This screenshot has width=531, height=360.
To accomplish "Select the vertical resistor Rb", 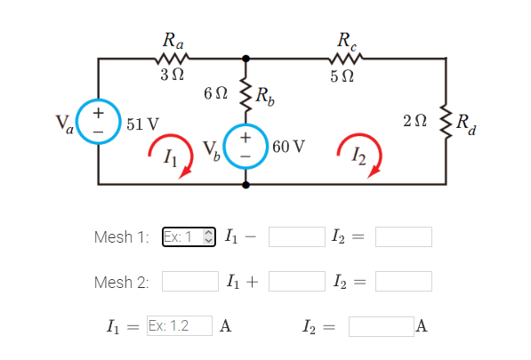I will [245, 95].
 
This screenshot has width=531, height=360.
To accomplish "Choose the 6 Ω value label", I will [216, 92].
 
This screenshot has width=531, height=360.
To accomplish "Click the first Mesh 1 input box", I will [189, 236].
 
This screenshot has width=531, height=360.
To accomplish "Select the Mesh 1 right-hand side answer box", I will [403, 236].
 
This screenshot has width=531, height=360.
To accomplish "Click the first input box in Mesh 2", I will [189, 282].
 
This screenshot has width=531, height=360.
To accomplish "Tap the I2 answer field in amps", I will [380, 325].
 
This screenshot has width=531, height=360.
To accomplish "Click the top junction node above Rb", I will [245, 58].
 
